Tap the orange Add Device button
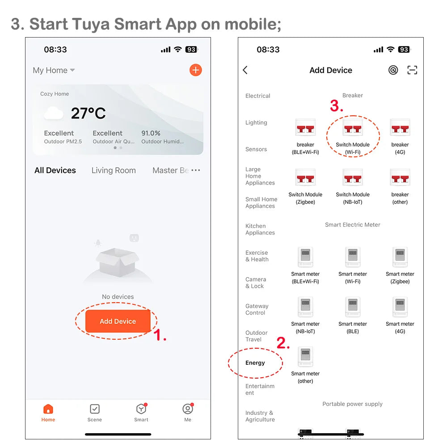(118, 321)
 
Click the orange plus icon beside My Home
(195, 70)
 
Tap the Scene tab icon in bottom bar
(95, 409)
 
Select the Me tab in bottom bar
(188, 409)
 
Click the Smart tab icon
(141, 409)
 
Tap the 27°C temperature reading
(89, 114)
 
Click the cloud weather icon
(53, 114)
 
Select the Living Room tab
(114, 170)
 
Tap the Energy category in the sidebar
(255, 363)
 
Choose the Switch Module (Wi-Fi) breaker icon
(353, 128)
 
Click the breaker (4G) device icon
(400, 128)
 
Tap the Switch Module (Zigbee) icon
(305, 178)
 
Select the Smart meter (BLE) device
(353, 308)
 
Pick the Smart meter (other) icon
(305, 357)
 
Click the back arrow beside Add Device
(245, 70)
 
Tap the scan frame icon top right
(412, 70)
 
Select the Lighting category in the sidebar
(256, 122)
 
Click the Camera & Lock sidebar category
(256, 283)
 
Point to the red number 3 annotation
(336, 106)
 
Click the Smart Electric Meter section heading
(352, 225)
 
